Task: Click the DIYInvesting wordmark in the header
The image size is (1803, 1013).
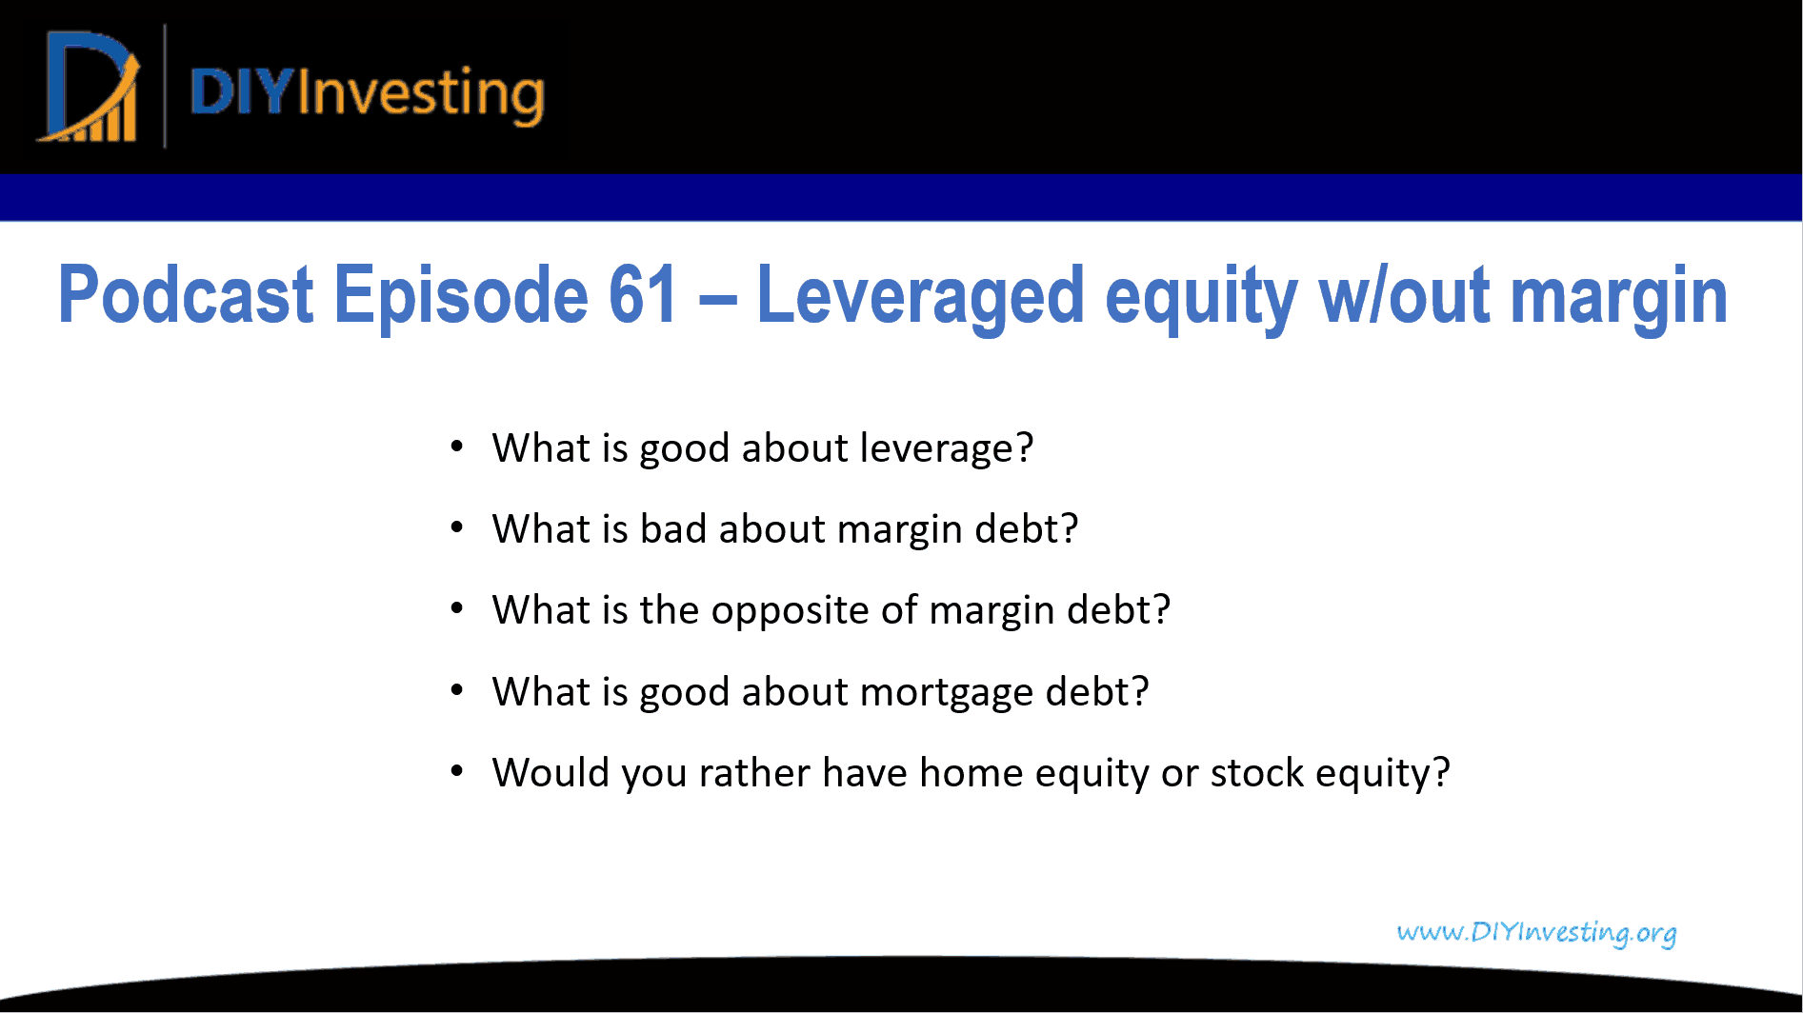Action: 367,93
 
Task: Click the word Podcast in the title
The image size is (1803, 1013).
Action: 186,295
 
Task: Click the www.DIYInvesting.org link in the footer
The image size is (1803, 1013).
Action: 1536,932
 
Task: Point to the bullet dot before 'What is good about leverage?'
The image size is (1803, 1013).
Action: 457,447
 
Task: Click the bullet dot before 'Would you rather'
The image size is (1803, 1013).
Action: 457,771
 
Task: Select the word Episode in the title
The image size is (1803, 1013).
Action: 460,295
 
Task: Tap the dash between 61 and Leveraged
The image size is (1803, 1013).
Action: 717,297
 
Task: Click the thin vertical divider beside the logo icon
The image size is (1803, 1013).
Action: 165,87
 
